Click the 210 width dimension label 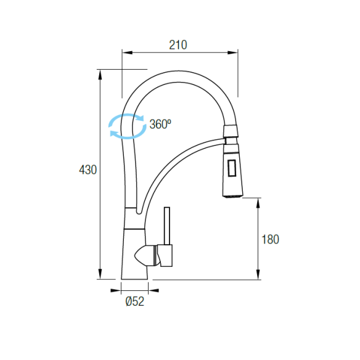pyautogui.click(x=178, y=45)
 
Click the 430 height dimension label pyautogui.click(x=88, y=170)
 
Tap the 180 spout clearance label pyautogui.click(x=270, y=239)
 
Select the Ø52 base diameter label pyautogui.click(x=135, y=301)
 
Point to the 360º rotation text pyautogui.click(x=160, y=124)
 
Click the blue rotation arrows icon pyautogui.click(x=128, y=126)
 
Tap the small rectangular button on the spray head pyautogui.click(x=232, y=168)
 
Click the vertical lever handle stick pyautogui.click(x=167, y=226)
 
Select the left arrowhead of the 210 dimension pyautogui.click(x=128, y=52)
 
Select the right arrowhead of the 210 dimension pyautogui.click(x=232, y=52)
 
